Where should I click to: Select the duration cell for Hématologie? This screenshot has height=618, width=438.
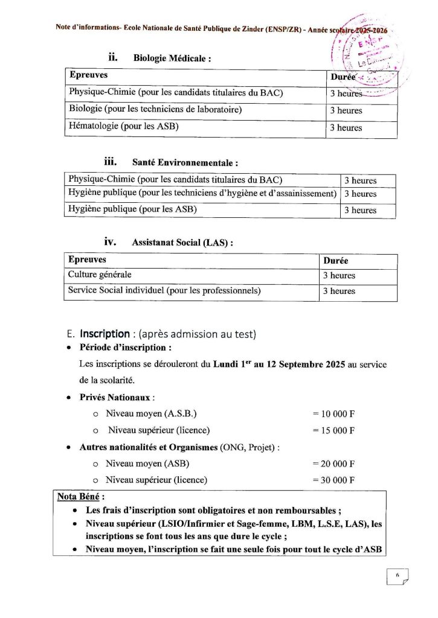click(x=346, y=128)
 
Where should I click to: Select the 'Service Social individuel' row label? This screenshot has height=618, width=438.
click(x=164, y=290)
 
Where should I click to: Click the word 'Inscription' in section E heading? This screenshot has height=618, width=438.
click(x=105, y=334)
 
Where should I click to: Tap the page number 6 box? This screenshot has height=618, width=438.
click(x=398, y=576)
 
